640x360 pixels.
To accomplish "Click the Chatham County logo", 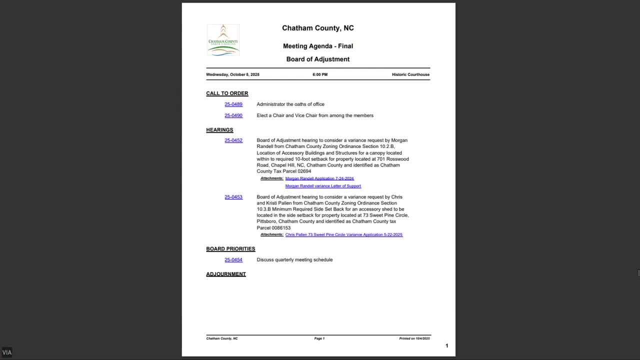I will click(223, 39).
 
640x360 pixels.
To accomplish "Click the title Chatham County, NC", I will click(317, 28).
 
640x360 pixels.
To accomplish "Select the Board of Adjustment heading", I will click(317, 59).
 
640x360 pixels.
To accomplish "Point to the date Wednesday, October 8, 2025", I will click(232, 74).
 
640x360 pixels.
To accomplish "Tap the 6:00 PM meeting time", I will click(320, 74).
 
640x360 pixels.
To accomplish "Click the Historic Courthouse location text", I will click(410, 74).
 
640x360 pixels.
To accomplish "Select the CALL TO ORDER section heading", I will click(227, 93).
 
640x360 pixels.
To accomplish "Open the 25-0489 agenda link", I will click(233, 104).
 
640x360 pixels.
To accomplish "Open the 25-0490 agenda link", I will click(233, 115).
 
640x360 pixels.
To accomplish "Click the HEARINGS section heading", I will click(219, 130).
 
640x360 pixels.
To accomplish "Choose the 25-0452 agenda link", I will click(233, 140).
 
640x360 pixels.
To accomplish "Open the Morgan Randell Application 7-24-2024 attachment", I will click(319, 178).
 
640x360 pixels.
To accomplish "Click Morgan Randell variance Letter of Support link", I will click(323, 186).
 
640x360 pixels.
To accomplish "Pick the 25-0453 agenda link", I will click(233, 197).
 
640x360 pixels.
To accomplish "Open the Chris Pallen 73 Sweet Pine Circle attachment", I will click(343, 234).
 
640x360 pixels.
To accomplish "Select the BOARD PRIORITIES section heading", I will click(230, 249).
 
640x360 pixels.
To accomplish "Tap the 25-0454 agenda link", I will click(233, 260).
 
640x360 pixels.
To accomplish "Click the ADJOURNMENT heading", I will click(226, 274).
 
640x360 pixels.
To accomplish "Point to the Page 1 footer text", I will click(319, 338).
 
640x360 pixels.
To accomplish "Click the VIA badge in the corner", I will click(6, 352).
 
